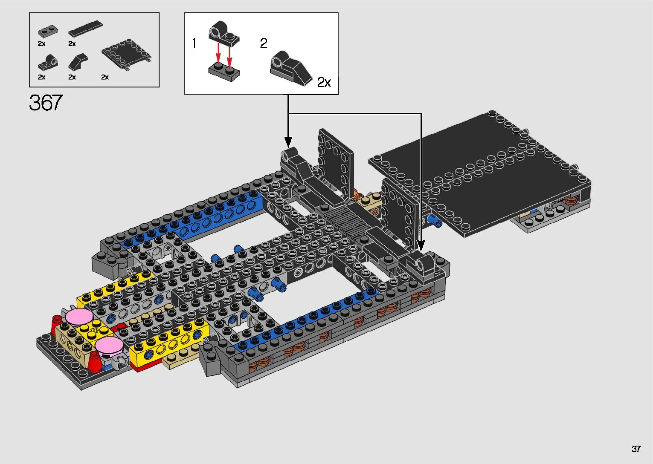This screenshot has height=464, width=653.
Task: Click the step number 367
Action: coord(46,103)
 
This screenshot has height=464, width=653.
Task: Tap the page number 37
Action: coord(636,449)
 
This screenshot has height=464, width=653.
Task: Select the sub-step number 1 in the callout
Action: coord(194,43)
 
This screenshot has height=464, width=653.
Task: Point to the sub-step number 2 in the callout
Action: coord(264,43)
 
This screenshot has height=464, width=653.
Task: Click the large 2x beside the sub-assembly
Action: coord(324,82)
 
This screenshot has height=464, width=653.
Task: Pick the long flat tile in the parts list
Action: coord(85,29)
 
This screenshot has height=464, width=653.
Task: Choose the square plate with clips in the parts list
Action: coord(127,54)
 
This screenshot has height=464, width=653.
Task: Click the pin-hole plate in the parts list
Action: coord(48,63)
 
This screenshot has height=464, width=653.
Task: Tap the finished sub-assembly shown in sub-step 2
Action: coord(291,68)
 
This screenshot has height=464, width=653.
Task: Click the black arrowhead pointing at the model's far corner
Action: coord(288,141)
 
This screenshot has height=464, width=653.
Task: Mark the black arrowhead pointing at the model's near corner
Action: coord(421,246)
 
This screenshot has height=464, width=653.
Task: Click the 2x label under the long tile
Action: coord(72,43)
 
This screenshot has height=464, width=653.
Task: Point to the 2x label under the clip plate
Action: coord(105,77)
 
